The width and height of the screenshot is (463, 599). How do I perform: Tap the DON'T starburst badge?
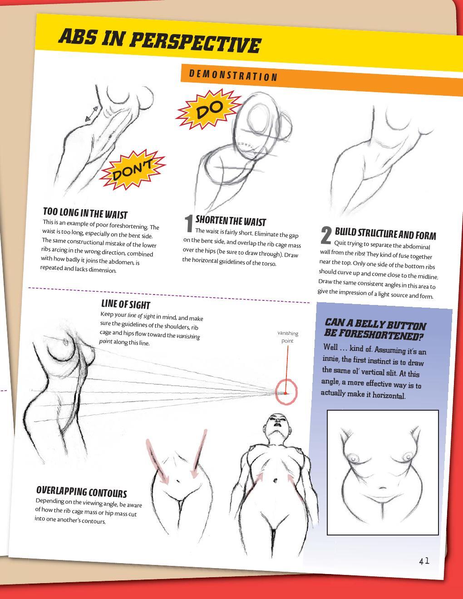(x=132, y=170)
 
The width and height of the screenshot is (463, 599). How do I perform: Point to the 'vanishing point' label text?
(x=288, y=337)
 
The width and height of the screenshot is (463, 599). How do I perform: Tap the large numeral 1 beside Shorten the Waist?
(x=189, y=224)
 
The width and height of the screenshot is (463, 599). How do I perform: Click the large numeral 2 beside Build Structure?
(x=326, y=235)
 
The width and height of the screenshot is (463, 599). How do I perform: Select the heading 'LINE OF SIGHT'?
(x=125, y=304)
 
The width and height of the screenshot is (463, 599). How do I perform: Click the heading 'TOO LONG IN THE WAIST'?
(x=85, y=213)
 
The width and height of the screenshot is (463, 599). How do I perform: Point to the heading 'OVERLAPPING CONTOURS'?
(x=82, y=492)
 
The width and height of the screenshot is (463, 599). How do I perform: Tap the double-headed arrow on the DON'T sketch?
(x=92, y=113)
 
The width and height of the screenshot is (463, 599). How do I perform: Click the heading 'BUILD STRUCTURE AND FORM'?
(x=385, y=234)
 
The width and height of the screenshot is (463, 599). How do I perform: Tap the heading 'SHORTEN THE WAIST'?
(x=231, y=221)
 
